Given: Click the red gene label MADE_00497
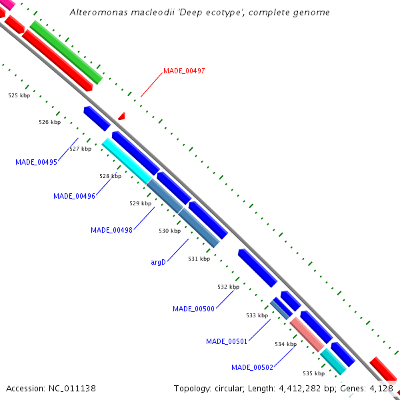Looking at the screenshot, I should pos(184,70).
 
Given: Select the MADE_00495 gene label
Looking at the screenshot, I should pos(36,162).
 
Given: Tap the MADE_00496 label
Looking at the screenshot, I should pos(74,196).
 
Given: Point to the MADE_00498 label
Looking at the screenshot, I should pos(111,230).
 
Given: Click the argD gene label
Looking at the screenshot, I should pos(158,263).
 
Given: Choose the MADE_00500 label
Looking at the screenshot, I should pos(193,309).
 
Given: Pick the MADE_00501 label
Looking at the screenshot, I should pos(227,341).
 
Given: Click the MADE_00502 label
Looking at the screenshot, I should pos(252,367).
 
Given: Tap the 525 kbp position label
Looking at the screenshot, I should pos(19,95).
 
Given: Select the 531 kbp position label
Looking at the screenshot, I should pos(199,259).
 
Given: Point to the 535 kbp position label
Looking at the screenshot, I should pos(313,373).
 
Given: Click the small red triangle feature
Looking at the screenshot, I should pos(121,117).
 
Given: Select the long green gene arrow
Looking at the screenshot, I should pos(65,51).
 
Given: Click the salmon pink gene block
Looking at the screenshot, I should pos(307,334).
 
